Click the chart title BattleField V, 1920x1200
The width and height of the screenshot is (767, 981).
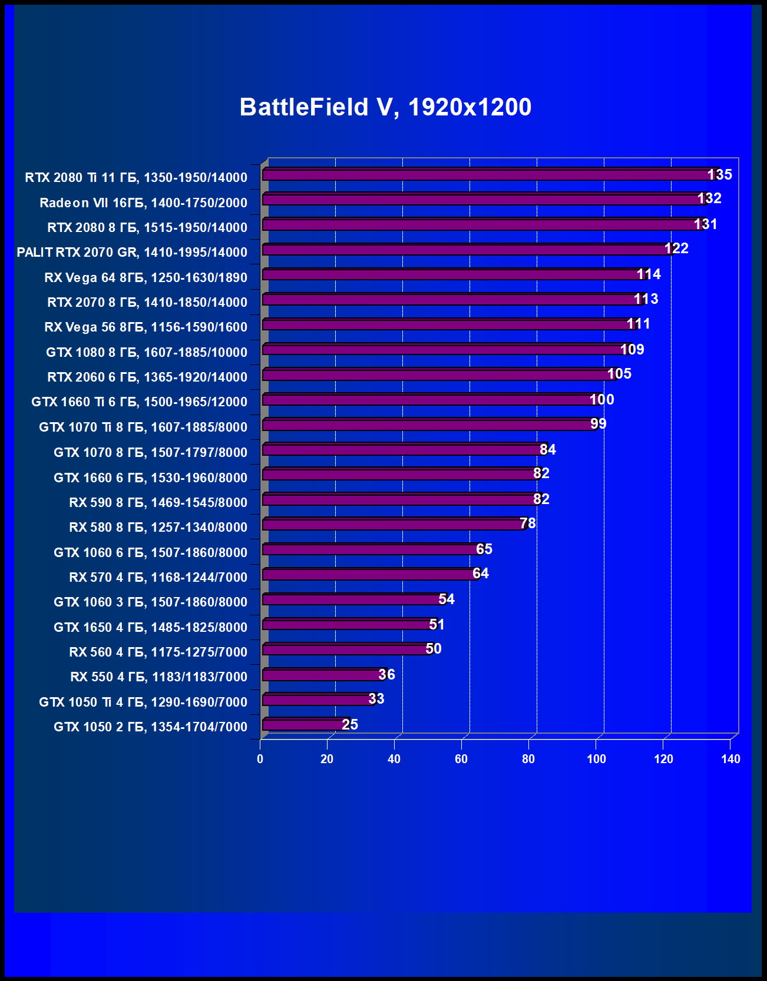click(385, 107)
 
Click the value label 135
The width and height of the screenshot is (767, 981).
click(719, 174)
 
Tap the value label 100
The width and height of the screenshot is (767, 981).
click(601, 399)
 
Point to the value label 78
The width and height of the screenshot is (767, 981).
click(528, 523)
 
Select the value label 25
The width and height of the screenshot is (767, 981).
click(350, 724)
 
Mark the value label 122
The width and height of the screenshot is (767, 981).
click(676, 248)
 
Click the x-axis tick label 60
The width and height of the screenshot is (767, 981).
click(461, 759)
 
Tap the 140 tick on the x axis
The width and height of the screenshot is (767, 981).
click(730, 759)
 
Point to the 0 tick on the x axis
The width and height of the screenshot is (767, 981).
click(260, 759)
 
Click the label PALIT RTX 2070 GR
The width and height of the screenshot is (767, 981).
click(132, 252)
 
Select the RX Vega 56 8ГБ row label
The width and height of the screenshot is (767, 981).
click(146, 327)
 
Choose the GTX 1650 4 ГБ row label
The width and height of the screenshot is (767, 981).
click(150, 627)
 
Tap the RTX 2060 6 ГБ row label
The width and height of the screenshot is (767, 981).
click(147, 377)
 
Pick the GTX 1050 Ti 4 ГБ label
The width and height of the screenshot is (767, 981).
click(143, 702)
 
